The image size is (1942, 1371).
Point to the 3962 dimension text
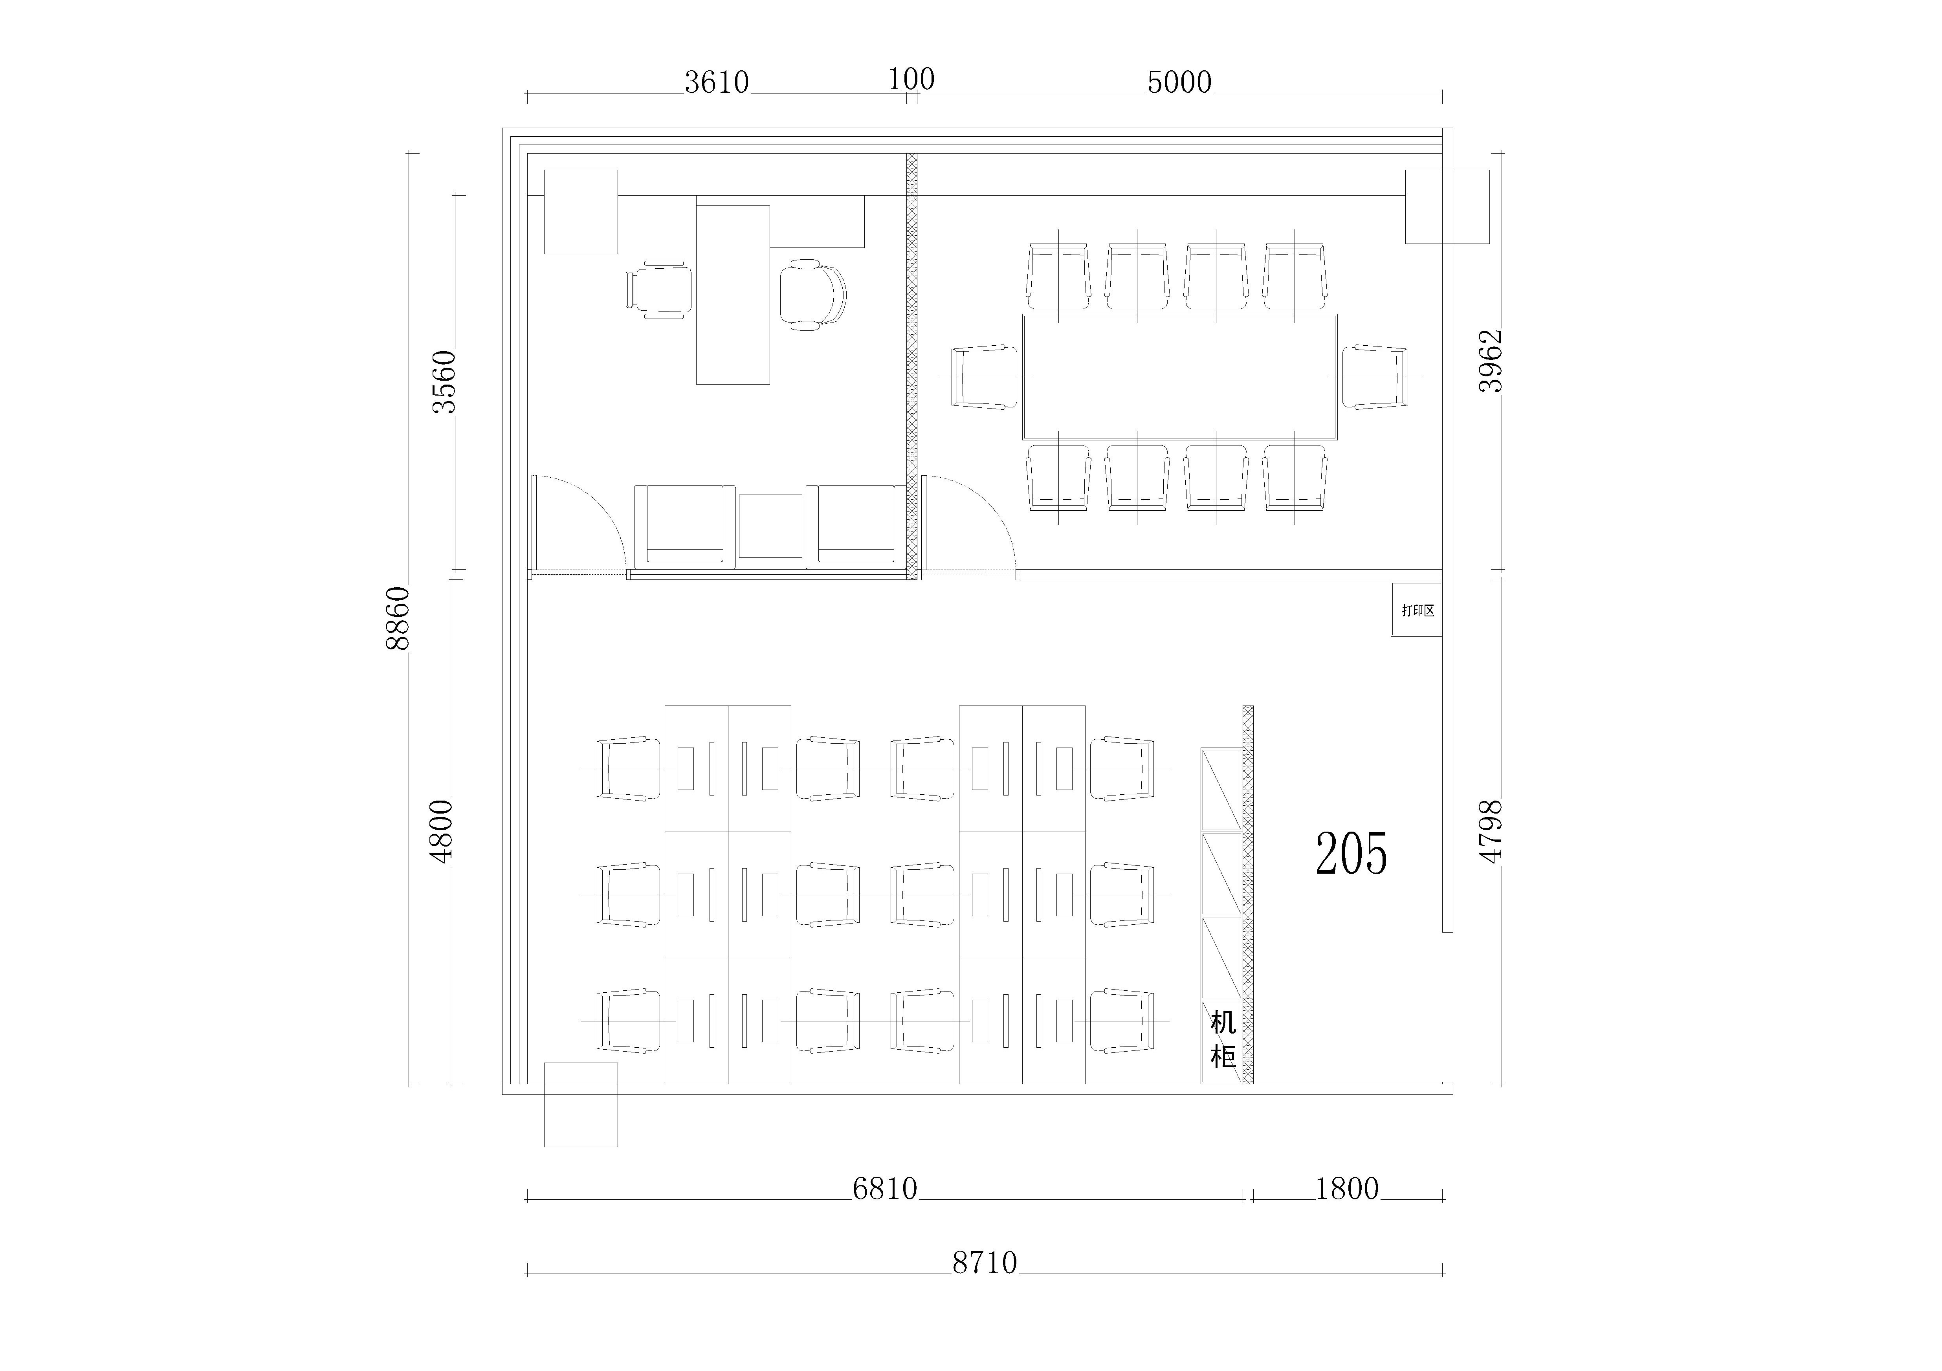point(1490,361)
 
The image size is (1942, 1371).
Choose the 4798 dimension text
point(1490,831)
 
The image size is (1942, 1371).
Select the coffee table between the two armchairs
point(770,526)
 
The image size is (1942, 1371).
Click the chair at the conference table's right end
point(1375,376)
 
